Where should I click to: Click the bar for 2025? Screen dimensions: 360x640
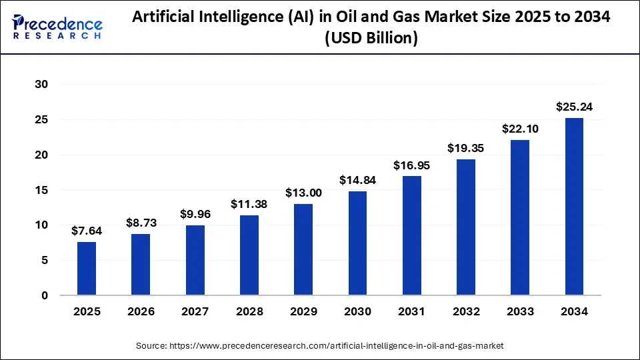point(87,269)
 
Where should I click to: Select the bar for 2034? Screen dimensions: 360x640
point(574,207)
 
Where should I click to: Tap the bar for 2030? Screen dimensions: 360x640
point(357,243)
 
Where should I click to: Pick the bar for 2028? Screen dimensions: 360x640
point(249,255)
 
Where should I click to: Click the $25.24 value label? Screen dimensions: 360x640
point(574,107)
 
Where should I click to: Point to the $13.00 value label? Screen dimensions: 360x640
point(303,193)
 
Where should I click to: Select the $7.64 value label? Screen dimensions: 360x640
point(87,231)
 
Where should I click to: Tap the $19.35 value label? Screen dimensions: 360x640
point(466,148)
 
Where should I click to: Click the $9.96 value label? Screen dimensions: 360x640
point(195,214)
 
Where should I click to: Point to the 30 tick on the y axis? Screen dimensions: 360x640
point(42,85)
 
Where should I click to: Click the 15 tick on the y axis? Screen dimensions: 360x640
point(42,190)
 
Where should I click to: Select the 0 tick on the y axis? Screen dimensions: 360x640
point(45,295)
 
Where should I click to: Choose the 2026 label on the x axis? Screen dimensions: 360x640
point(141,311)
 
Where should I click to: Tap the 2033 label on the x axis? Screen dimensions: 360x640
point(520,311)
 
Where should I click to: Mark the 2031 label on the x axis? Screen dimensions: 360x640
point(411,311)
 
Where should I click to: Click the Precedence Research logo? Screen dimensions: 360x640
point(57,27)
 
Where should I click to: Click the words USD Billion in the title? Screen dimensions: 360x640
point(372,39)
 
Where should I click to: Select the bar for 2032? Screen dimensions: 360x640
point(466,227)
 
